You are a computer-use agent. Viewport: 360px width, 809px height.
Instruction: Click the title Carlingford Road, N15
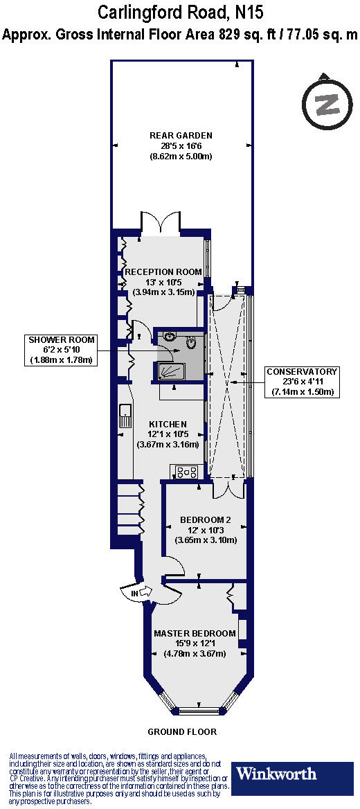pos(180,12)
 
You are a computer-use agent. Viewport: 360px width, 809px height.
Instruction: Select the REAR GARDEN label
pos(181,135)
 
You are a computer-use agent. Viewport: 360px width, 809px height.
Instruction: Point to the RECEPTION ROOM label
pos(163,272)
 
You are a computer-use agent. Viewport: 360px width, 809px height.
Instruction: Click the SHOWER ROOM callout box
pos(62,350)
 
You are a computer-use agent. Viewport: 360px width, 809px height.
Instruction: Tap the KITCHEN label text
pos(168,424)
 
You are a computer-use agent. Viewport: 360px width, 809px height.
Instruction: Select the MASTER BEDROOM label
pos(195,633)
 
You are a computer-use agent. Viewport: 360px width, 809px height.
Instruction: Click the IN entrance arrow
pos(138,592)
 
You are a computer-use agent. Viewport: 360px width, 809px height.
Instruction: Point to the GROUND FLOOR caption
pos(182,731)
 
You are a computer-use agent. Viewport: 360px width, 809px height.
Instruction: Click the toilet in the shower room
pos(192,341)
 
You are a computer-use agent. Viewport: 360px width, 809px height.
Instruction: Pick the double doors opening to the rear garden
pos(161,222)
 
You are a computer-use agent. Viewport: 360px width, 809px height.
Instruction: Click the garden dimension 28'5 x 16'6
pos(181,145)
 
